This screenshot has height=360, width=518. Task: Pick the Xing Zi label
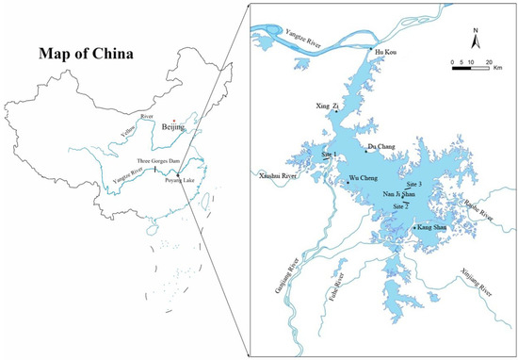pos(325,108)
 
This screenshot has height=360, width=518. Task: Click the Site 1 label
pos(328,153)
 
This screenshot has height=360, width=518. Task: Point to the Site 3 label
pos(413,184)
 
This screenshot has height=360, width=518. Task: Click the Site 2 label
pos(400,205)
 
